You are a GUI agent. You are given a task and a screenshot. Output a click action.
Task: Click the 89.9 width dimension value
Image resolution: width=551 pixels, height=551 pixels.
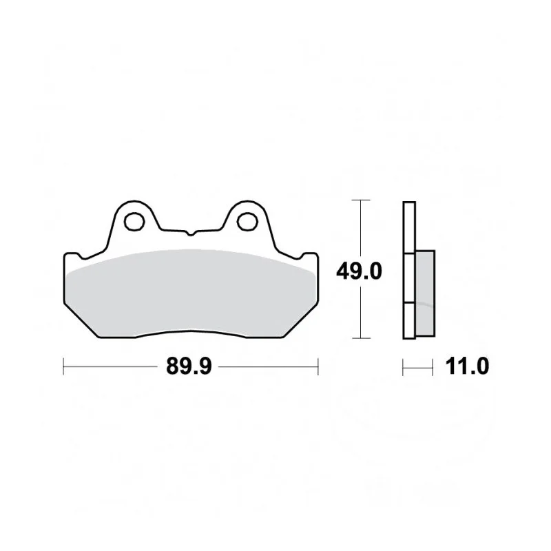coord(189,366)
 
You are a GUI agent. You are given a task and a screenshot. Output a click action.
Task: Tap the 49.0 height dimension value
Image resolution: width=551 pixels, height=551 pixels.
coord(359,271)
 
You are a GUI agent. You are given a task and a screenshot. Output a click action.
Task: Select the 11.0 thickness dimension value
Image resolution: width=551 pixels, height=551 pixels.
coord(467,366)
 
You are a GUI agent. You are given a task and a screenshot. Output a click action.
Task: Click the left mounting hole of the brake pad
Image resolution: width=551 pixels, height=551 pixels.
coord(134,222)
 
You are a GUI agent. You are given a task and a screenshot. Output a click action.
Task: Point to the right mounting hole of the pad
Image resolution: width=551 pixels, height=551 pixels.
coord(247,222)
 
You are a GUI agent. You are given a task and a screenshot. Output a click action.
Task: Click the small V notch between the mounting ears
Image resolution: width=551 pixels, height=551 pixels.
coord(191,233)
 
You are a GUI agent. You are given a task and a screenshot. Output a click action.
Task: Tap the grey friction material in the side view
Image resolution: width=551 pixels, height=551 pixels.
coord(425,293)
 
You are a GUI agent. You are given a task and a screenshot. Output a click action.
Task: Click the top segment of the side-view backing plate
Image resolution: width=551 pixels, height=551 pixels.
coord(409,227)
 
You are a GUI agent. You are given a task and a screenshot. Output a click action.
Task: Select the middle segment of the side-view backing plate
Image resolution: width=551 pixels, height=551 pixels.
coord(409,278)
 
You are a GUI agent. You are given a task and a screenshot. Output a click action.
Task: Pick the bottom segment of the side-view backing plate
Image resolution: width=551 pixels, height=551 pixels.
coord(409,321)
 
